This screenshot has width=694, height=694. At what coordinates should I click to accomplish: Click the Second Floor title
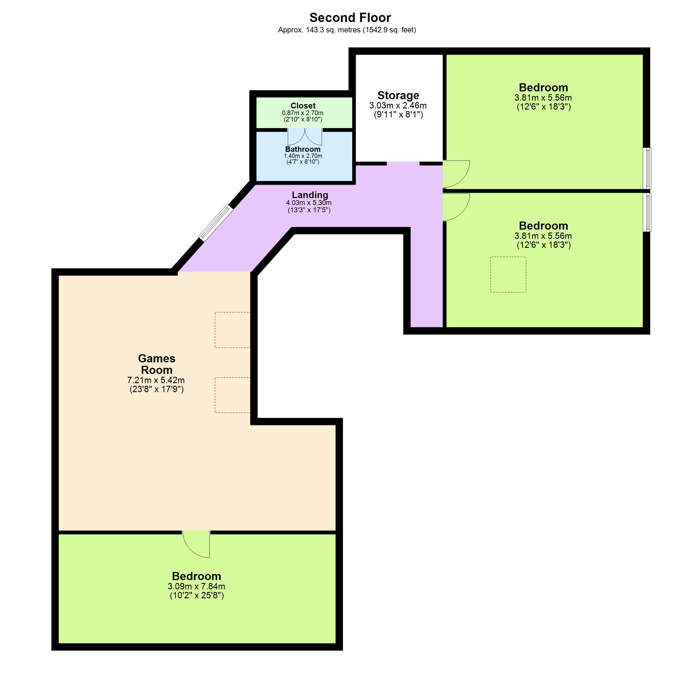350,18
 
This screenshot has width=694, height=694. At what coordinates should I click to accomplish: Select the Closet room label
303,106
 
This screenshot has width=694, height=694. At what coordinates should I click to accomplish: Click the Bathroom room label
303,149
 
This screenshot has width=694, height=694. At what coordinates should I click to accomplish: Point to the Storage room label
398,95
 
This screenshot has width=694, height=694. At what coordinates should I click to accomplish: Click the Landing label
310,195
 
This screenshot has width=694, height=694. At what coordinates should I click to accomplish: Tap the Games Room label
157,364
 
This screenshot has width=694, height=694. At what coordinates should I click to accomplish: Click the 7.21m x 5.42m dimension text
156,380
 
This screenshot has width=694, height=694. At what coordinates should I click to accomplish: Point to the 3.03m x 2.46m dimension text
398,106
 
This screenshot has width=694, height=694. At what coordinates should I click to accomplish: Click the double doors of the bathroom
304,137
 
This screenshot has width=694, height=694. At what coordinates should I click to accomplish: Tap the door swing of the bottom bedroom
196,544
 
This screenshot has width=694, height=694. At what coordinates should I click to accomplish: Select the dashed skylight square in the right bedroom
508,274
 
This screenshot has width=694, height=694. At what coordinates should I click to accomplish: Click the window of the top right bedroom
647,168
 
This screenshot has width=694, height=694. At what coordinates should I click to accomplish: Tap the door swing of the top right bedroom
456,174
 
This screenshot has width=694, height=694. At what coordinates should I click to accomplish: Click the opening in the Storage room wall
403,164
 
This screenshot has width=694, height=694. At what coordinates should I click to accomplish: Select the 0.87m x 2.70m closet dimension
302,113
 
